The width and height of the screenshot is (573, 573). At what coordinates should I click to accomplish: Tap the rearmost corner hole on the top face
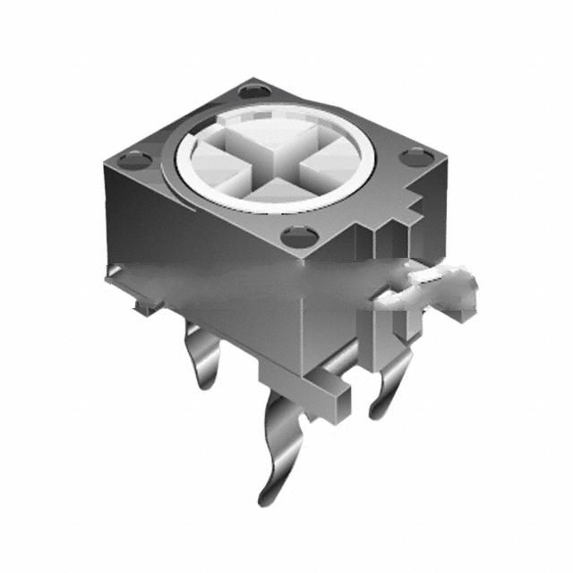(x=255, y=91)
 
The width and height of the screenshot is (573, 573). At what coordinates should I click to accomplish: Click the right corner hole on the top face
(x=415, y=158)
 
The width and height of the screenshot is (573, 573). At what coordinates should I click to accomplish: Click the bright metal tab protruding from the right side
(x=439, y=288)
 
